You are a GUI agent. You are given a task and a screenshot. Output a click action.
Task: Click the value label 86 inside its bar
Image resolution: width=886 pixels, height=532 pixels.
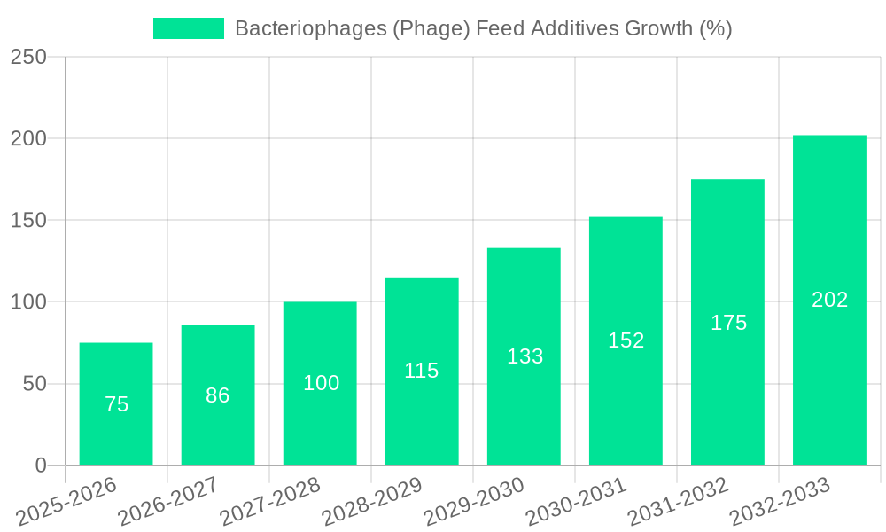point(218,395)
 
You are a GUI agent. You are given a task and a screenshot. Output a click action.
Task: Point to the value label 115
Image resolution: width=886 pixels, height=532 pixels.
point(422,371)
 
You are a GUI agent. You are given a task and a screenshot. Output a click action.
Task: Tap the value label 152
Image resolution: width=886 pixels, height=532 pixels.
point(626,340)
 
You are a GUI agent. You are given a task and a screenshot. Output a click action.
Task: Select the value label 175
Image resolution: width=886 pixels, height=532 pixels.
point(728,323)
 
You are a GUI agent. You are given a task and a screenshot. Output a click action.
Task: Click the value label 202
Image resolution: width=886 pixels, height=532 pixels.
point(830,300)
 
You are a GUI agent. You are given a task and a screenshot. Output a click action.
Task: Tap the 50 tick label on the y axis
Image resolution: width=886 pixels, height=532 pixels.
point(35,384)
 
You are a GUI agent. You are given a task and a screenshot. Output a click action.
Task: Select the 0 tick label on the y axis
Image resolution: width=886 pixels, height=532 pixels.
point(41,465)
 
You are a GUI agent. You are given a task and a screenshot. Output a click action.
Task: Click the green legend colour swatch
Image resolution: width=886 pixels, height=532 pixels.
point(189,28)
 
